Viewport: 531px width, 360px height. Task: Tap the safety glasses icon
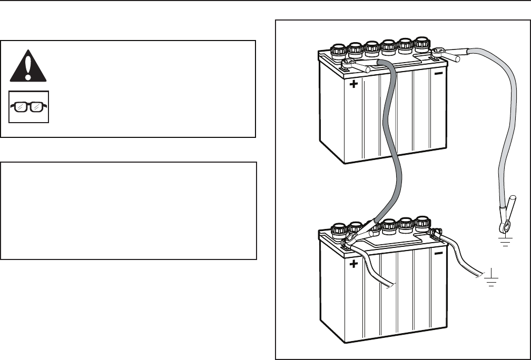pyautogui.click(x=29, y=107)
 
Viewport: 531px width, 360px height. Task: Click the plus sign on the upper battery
pyautogui.click(x=353, y=84)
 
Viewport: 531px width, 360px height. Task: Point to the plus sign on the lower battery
pyautogui.click(x=353, y=265)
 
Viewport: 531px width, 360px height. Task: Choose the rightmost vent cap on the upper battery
pyautogui.click(x=421, y=43)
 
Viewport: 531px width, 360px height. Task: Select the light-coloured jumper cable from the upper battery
pyautogui.click(x=506, y=132)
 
